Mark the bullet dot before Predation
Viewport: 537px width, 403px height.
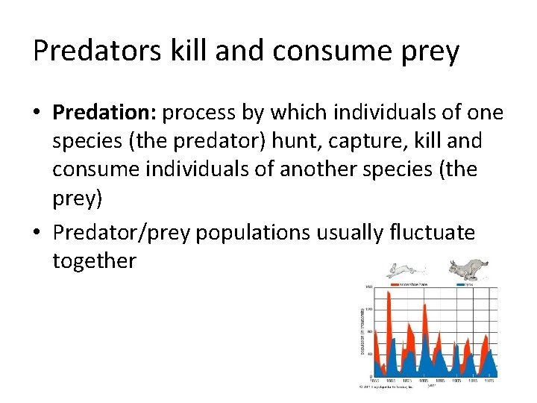(38, 113)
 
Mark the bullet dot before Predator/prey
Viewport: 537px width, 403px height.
(38, 234)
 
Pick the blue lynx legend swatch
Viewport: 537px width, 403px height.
(461, 285)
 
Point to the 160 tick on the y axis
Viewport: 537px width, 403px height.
(368, 287)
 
